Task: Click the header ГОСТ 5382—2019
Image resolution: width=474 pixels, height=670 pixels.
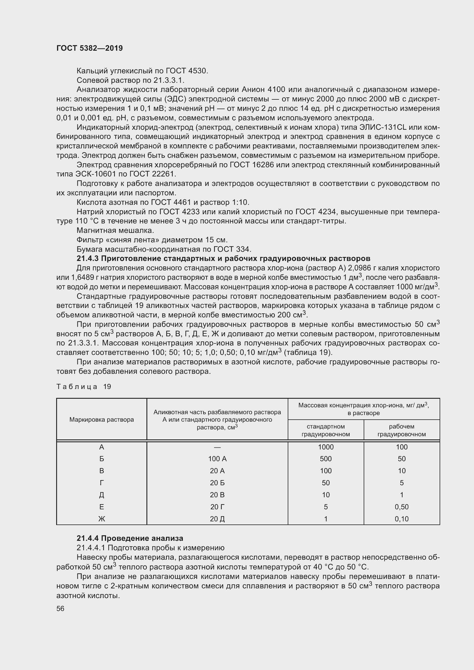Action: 89,48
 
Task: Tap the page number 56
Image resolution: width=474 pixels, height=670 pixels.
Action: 60,608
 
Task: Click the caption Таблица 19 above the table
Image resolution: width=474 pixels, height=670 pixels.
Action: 83,387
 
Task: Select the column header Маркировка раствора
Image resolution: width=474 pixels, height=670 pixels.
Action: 101,419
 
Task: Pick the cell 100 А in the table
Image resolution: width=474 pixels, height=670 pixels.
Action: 217,459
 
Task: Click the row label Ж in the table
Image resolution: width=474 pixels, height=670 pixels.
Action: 101,518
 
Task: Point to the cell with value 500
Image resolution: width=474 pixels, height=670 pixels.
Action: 326,459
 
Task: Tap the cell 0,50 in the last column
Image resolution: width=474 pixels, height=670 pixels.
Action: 401,507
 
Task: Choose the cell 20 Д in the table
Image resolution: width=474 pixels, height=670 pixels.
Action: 217,518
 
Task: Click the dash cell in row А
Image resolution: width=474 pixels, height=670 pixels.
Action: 217,447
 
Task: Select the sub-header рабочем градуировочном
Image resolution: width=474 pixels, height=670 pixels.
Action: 401,430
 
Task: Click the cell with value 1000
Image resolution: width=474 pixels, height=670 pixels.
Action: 326,447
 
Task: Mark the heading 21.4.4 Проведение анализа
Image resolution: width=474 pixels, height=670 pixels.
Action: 130,538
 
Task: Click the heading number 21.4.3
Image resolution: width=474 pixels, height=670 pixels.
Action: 88,259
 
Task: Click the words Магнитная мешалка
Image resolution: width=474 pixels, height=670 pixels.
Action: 115,230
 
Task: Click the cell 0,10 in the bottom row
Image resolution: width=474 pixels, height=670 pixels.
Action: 401,518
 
